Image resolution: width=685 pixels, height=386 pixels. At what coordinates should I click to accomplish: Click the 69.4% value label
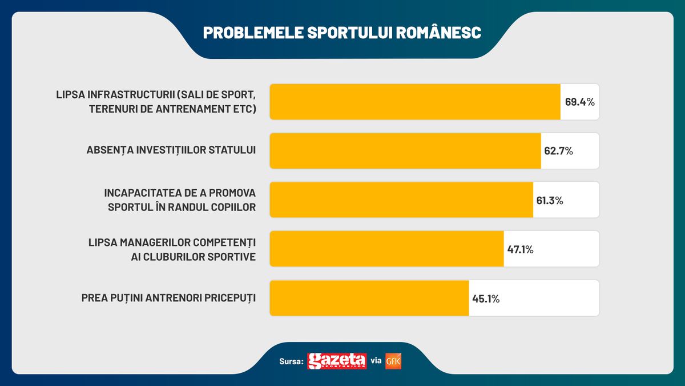pyautogui.click(x=580, y=102)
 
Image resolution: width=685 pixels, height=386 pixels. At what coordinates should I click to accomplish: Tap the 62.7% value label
pyautogui.click(x=558, y=152)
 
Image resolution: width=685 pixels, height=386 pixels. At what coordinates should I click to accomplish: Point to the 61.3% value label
pyautogui.click(x=550, y=201)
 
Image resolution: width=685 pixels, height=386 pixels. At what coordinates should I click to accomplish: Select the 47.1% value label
pyautogui.click(x=520, y=249)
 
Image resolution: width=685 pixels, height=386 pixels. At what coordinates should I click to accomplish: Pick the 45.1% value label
pyautogui.click(x=485, y=299)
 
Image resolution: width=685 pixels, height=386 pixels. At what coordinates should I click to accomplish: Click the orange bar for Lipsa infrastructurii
pyautogui.click(x=415, y=102)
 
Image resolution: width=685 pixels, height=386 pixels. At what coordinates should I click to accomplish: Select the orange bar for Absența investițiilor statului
pyautogui.click(x=405, y=151)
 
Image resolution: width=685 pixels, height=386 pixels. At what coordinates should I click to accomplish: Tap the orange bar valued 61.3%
pyautogui.click(x=401, y=200)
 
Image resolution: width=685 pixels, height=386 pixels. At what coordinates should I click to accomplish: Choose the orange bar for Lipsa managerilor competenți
pyautogui.click(x=386, y=249)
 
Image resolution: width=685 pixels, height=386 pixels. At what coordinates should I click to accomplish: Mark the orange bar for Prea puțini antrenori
pyautogui.click(x=369, y=298)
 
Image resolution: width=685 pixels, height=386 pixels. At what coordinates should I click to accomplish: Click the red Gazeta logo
pyautogui.click(x=337, y=361)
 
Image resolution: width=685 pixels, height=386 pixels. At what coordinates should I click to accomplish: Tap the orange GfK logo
pyautogui.click(x=394, y=361)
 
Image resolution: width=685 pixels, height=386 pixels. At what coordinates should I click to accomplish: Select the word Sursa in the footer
pyautogui.click(x=291, y=362)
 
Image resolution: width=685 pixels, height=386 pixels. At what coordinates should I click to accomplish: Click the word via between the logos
pyautogui.click(x=376, y=361)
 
